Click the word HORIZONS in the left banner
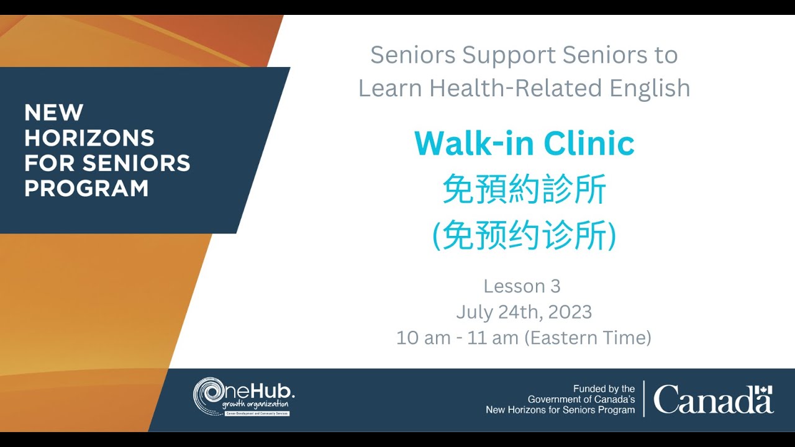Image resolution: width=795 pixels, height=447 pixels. (89, 137)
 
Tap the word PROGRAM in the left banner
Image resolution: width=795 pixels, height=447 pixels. (86, 187)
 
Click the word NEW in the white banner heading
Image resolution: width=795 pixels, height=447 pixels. (53, 112)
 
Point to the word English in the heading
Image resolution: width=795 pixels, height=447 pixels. (650, 88)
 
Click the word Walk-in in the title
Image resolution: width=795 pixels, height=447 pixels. (475, 144)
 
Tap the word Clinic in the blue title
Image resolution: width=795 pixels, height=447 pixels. (589, 144)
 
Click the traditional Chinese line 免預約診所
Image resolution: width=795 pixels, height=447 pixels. (524, 190)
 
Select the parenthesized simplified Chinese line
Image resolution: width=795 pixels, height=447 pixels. (524, 235)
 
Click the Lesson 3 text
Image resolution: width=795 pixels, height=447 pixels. (522, 286)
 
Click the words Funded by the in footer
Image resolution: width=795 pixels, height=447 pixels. (604, 389)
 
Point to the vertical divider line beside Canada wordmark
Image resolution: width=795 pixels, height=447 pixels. (644, 399)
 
